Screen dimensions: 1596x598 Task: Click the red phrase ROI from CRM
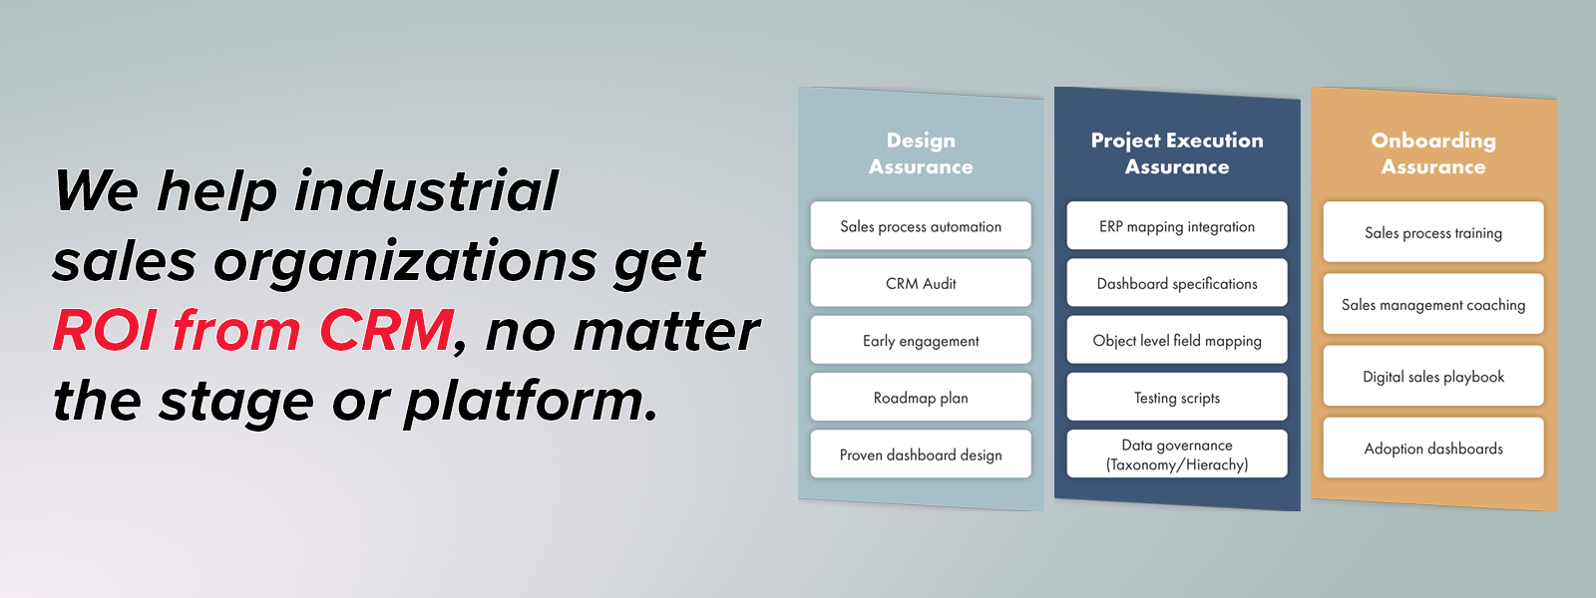pos(253,330)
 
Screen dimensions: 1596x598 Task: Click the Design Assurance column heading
pos(921,153)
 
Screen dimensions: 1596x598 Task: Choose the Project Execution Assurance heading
pos(1177,153)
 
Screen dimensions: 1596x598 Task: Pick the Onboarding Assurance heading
pos(1433,153)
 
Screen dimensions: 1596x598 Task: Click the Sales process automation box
pos(921,225)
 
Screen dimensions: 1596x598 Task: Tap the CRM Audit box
pos(921,283)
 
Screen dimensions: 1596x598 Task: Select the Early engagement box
pos(921,340)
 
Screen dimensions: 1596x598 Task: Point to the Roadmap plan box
pos(921,397)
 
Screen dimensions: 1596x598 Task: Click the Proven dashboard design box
pos(921,453)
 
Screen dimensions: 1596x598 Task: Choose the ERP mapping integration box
pos(1177,225)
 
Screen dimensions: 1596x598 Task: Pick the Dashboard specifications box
pos(1177,283)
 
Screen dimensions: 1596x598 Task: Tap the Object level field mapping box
pos(1177,340)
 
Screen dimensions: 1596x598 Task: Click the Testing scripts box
pos(1177,397)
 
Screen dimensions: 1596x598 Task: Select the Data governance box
pos(1177,453)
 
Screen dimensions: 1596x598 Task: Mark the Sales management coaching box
pos(1433,304)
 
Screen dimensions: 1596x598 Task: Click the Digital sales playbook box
pos(1433,376)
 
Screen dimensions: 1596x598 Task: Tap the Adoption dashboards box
pos(1433,448)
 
